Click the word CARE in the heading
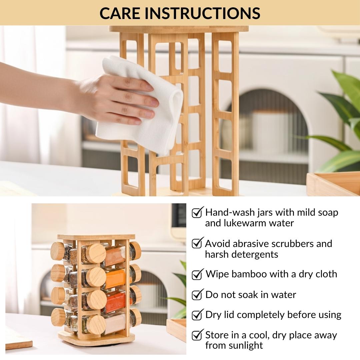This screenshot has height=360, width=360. pyautogui.click(x=120, y=13)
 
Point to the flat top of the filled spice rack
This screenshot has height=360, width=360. pyautogui.click(x=96, y=237)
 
